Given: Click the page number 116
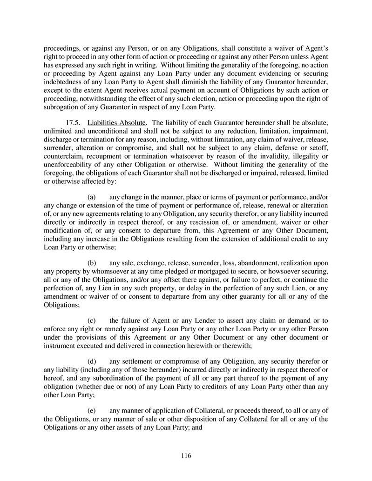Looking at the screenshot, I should coord(186,455).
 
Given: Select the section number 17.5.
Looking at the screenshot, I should coord(75,122).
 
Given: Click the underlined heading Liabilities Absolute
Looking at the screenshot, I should coord(116,122).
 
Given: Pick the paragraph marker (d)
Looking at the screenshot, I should coord(92,362).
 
